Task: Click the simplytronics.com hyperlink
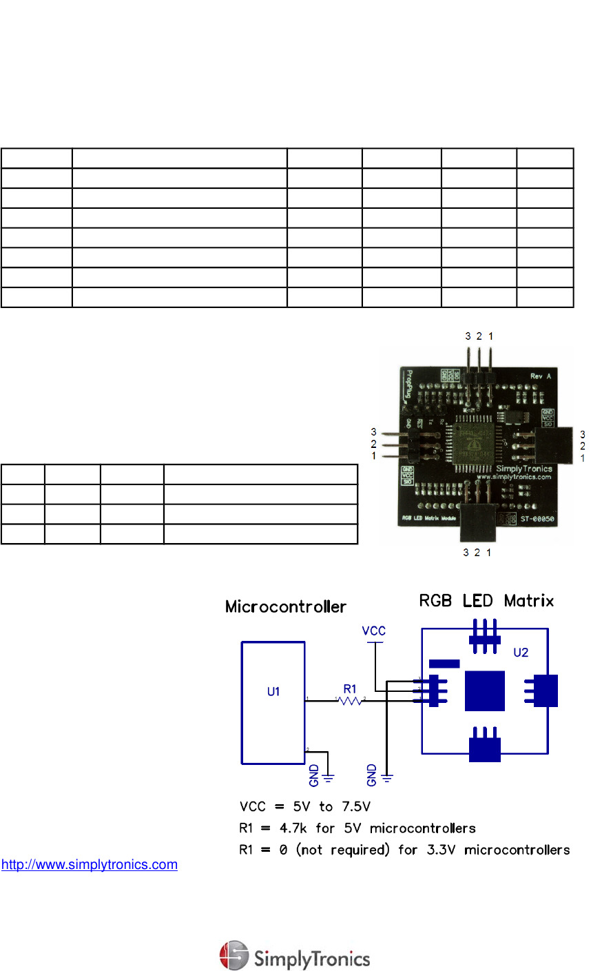[90, 864]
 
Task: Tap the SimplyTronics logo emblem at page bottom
[233, 955]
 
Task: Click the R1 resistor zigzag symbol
[351, 701]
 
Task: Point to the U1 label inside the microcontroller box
[273, 691]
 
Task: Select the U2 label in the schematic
[521, 652]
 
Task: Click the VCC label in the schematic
[374, 631]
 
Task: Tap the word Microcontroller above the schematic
[286, 606]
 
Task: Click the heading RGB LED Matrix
[486, 601]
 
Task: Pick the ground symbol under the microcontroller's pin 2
[329, 777]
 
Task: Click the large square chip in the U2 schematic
[485, 691]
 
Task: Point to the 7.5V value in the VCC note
[356, 806]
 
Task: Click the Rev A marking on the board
[541, 376]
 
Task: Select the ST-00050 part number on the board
[537, 519]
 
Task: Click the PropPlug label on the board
[409, 385]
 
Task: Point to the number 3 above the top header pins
[468, 336]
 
